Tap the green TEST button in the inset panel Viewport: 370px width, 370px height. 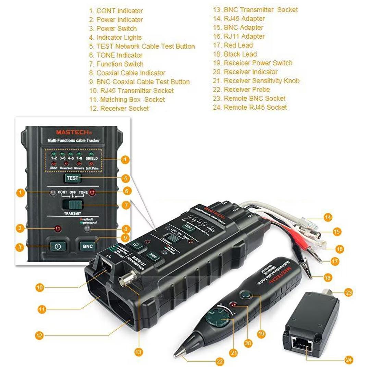pos(73,178)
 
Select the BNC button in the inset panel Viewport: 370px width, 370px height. pos(87,246)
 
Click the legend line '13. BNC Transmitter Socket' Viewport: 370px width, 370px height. pos(255,10)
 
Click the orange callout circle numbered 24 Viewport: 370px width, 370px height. pos(349,360)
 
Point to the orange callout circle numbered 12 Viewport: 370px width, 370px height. pos(39,335)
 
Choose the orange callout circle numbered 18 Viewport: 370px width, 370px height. pos(328,277)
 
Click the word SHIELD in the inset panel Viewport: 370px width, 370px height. pos(92,159)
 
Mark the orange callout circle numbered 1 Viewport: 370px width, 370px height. pos(21,193)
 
